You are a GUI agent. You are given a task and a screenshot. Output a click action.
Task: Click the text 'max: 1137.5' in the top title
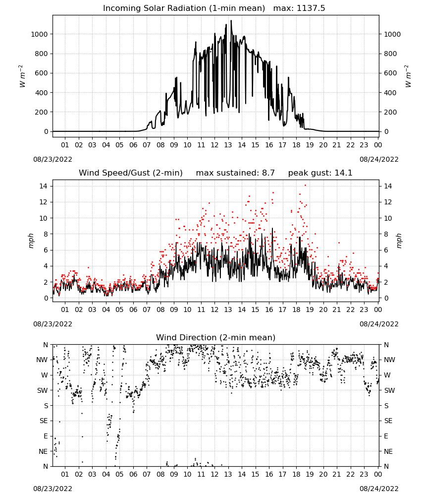pyautogui.click(x=299, y=8)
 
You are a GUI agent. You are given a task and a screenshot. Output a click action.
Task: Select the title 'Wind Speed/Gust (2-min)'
pyautogui.click(x=130, y=173)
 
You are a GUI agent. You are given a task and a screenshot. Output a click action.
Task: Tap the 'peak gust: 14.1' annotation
pyautogui.click(x=320, y=173)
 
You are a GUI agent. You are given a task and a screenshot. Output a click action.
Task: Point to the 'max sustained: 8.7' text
pyautogui.click(x=235, y=173)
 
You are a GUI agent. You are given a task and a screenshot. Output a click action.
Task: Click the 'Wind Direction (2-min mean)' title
pyautogui.click(x=216, y=337)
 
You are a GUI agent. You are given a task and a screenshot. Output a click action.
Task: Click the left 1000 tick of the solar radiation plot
pyautogui.click(x=39, y=34)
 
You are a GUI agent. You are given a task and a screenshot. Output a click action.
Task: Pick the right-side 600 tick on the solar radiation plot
pyautogui.click(x=390, y=73)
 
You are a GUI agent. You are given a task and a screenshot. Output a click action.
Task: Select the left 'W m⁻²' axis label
pyautogui.click(x=22, y=76)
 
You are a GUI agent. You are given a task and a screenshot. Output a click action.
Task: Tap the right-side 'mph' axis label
pyautogui.click(x=399, y=241)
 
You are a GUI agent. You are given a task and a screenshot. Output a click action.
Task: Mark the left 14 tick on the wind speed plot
pyautogui.click(x=43, y=186)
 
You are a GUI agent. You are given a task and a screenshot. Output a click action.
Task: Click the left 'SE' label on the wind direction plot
pyautogui.click(x=44, y=421)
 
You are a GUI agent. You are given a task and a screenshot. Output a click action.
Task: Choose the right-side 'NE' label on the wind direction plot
pyautogui.click(x=388, y=451)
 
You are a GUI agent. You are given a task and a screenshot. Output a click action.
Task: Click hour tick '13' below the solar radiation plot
pyautogui.click(x=228, y=145)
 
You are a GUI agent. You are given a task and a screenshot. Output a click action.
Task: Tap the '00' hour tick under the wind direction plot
pyautogui.click(x=378, y=474)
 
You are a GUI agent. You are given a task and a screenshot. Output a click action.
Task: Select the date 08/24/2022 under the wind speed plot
pyautogui.click(x=379, y=324)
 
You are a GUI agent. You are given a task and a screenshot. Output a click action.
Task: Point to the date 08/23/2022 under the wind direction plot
pyautogui.click(x=53, y=489)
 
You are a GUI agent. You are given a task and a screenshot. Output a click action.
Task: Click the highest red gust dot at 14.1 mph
pyautogui.click(x=305, y=186)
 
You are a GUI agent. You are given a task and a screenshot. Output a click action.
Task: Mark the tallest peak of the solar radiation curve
pyautogui.click(x=231, y=21)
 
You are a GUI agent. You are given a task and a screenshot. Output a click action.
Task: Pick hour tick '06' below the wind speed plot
pyautogui.click(x=133, y=310)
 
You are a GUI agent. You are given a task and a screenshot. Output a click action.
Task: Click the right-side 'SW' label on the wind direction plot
pyautogui.click(x=389, y=390)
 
